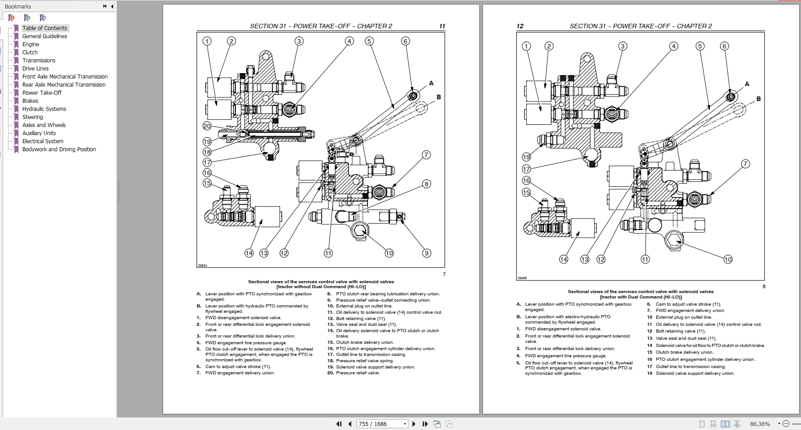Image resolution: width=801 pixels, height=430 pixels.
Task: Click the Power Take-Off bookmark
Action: tap(42, 92)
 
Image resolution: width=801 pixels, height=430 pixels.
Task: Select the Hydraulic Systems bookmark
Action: tap(44, 109)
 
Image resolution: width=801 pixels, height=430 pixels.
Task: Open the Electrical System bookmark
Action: tap(43, 141)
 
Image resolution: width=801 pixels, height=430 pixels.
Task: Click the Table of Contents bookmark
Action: tap(44, 28)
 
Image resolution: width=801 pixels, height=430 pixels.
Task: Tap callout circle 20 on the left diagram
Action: tap(207, 127)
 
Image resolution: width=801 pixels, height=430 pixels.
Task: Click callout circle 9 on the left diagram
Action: tap(427, 253)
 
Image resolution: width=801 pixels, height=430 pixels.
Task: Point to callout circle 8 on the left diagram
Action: tap(426, 184)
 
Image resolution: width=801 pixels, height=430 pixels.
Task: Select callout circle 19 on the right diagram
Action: tap(526, 157)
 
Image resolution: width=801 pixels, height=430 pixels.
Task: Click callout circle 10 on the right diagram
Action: tap(728, 259)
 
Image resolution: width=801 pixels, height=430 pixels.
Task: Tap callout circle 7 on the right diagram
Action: tap(745, 164)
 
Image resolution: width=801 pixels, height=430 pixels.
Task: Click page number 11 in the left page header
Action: tap(442, 26)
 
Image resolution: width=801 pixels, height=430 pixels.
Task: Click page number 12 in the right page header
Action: tap(520, 26)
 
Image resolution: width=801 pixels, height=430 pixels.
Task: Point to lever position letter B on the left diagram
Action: tap(438, 97)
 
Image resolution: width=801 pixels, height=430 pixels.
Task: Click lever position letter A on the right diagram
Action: tap(747, 84)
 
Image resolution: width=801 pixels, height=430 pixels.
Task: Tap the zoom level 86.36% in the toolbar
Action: tap(760, 424)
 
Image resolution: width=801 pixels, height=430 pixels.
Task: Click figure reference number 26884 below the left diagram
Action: tap(202, 265)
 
